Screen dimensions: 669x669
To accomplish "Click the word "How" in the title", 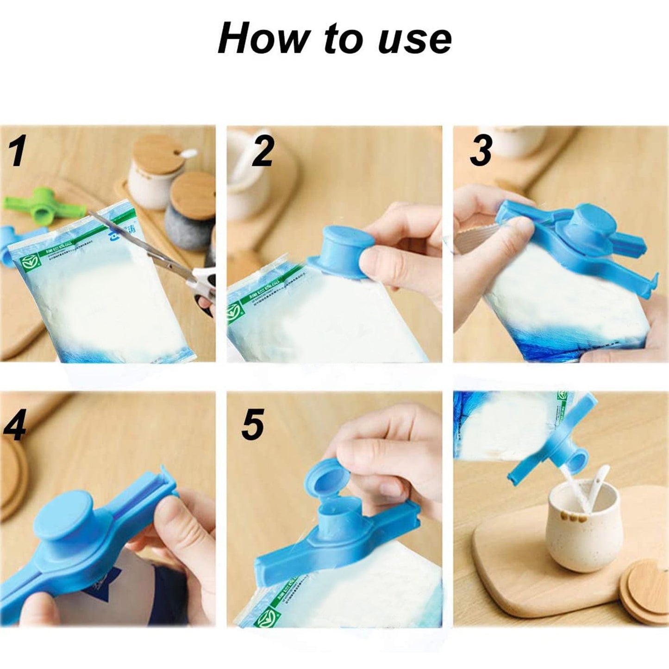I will pyautogui.click(x=262, y=39).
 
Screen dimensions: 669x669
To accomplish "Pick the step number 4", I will pyautogui.click(x=14, y=425).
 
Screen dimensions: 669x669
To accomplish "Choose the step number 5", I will pyautogui.click(x=253, y=425).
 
